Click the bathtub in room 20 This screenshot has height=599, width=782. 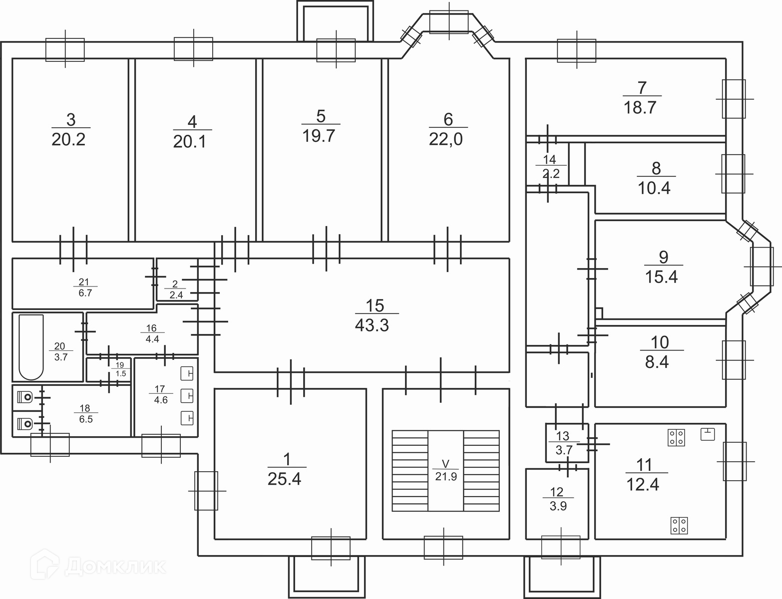30,347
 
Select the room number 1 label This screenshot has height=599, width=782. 286,457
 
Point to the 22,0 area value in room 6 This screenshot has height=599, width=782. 445,139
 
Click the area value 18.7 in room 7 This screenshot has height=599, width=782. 640,107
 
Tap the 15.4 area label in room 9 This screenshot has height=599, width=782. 661,276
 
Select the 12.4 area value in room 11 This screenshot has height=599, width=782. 643,484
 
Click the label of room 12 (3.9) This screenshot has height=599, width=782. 557,499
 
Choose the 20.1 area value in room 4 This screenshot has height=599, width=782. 190,142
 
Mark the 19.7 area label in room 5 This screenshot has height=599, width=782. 318,135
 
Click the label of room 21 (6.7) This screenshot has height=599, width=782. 85,288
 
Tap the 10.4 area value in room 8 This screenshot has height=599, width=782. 654,188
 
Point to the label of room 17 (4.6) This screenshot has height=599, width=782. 161,395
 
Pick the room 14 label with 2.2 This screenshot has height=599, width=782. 550,167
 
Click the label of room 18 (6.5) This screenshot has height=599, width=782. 85,414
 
